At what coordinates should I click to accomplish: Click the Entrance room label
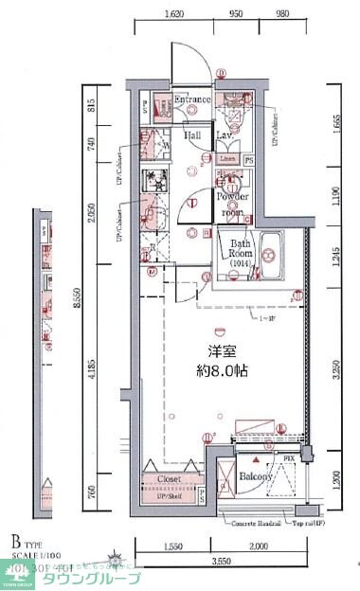[192, 98]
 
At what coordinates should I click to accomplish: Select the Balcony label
[256, 477]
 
